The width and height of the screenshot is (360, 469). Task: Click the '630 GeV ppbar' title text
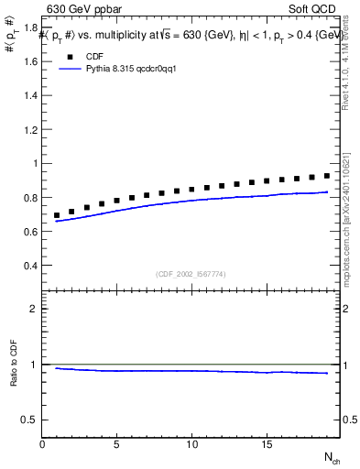pos(84,10)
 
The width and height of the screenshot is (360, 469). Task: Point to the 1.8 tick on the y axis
pos(31,28)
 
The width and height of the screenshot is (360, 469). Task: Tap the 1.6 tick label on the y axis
pos(31,62)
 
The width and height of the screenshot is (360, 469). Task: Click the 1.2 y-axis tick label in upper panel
pos(31,130)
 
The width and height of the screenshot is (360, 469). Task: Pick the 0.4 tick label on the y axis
pos(31,266)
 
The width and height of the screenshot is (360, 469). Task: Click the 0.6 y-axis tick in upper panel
pos(31,232)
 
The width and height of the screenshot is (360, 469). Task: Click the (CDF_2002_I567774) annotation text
pos(191,273)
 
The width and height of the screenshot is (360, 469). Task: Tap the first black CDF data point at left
pos(58,215)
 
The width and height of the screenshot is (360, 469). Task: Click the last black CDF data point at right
pos(326,175)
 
